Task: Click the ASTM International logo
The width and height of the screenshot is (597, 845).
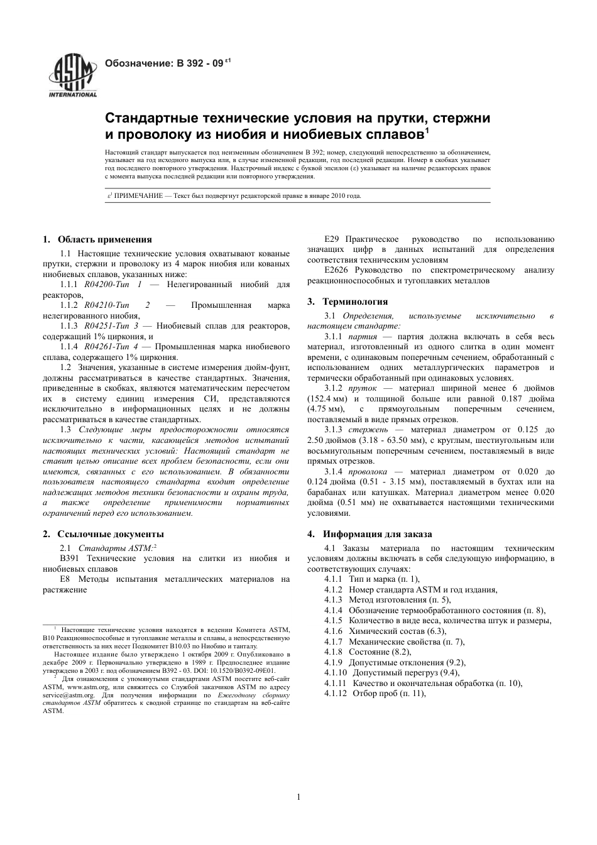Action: point(73,76)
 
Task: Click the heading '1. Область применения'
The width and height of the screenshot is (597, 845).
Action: point(97,239)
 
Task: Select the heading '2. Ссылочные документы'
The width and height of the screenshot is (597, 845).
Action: point(103,534)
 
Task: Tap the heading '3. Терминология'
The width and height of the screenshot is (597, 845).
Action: point(348,302)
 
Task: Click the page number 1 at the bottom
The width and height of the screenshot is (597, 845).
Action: point(298,798)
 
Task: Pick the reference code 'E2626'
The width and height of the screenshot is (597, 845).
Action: point(337,270)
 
